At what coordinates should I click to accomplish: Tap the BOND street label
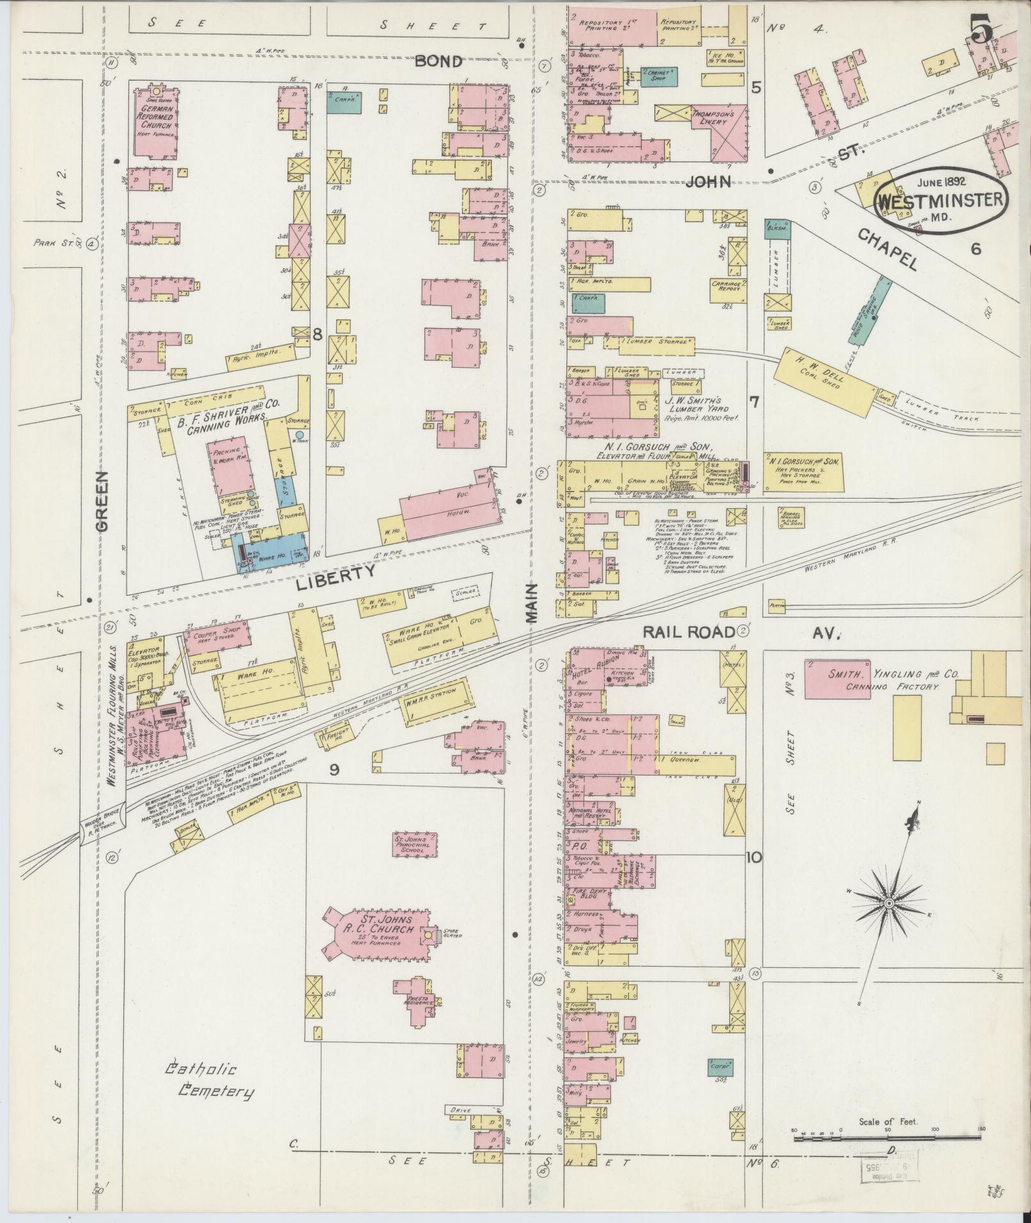pyautogui.click(x=438, y=61)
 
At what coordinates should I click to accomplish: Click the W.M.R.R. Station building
pyautogui.click(x=438, y=705)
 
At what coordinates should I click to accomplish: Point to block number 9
pyautogui.click(x=334, y=770)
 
